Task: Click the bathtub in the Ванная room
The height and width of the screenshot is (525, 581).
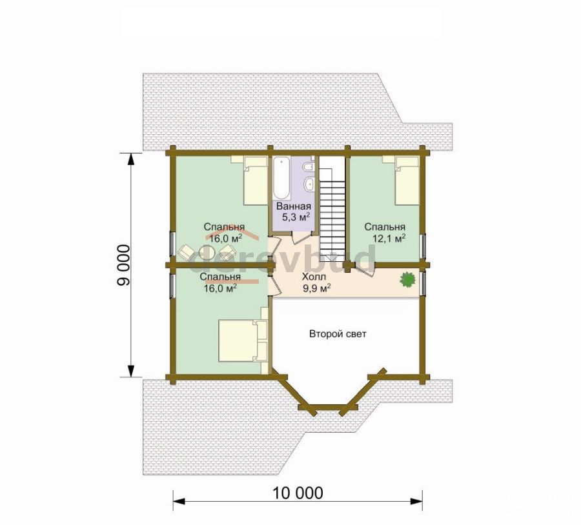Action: coord(282,178)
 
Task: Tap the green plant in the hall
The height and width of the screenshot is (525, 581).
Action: coord(407,279)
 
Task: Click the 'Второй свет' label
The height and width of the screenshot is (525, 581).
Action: coord(338,334)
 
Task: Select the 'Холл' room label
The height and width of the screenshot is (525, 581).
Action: coord(314,277)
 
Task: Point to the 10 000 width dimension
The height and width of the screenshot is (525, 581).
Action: coord(298,493)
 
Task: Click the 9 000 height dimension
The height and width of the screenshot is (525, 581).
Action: coord(124,265)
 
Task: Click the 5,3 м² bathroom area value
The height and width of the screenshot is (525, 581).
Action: coord(296,217)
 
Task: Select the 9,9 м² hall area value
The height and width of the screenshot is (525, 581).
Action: coord(317,288)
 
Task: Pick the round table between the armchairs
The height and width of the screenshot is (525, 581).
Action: coord(207,253)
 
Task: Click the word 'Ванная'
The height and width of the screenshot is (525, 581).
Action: coord(294,206)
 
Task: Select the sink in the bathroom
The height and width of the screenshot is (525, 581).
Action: coord(309,183)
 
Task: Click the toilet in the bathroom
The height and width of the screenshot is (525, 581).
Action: coord(309,168)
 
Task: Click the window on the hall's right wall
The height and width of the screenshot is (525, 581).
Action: coord(423,283)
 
